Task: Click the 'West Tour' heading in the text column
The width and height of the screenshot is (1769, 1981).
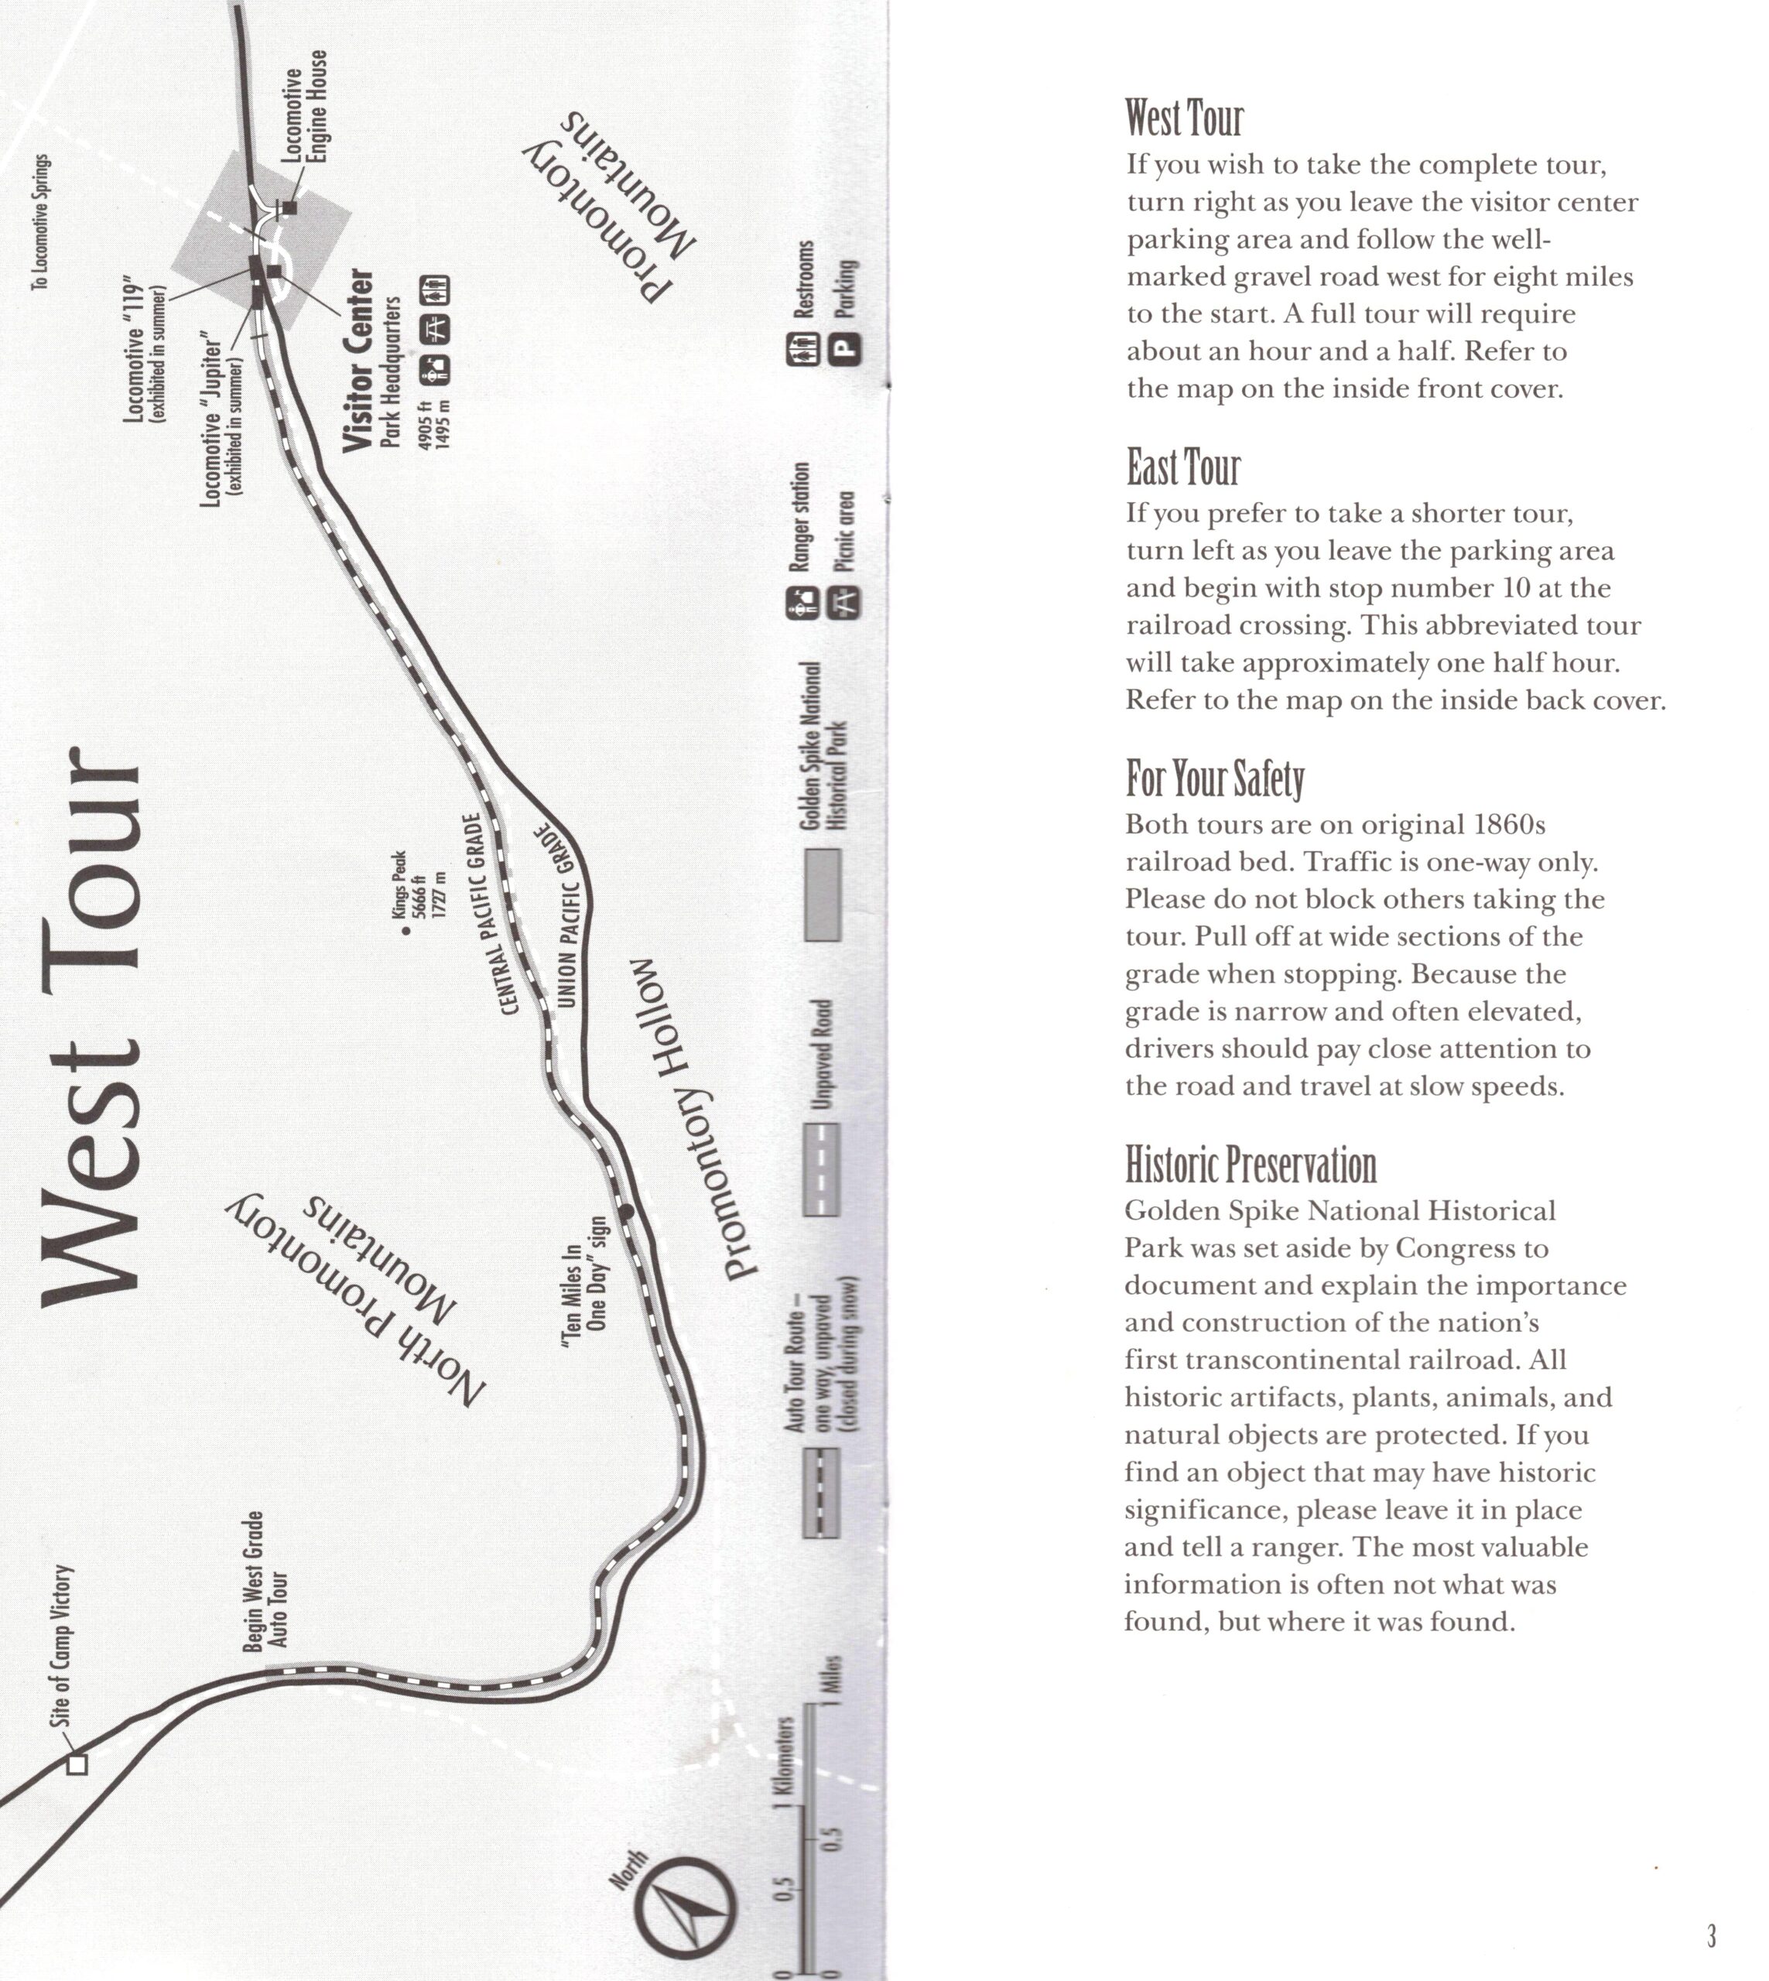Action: pos(1184,118)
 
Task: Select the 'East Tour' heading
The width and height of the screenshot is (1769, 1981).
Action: pos(1183,467)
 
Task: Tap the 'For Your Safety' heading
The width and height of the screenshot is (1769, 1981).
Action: pos(1214,778)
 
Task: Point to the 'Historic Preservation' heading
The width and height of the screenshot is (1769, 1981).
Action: pos(1250,1165)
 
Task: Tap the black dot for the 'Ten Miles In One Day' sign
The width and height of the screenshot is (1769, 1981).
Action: pos(626,1211)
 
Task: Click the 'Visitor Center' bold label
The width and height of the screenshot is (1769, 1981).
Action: pos(358,360)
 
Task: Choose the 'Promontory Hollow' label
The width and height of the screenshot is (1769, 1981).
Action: pos(692,1118)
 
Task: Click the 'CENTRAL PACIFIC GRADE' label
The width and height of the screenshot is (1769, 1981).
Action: pos(490,915)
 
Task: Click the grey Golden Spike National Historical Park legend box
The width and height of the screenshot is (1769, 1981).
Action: pos(823,895)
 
